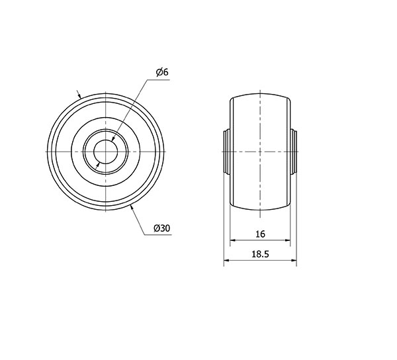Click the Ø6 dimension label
tap(162, 72)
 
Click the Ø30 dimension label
tap(162, 228)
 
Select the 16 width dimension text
tap(260, 234)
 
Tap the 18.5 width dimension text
tap(260, 254)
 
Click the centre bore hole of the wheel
tap(105, 152)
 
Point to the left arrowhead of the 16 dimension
tap(233, 240)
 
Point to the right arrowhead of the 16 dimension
tap(287, 240)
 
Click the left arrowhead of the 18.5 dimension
tap(226, 260)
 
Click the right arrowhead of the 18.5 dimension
tap(294, 260)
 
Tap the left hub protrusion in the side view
tap(227, 152)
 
